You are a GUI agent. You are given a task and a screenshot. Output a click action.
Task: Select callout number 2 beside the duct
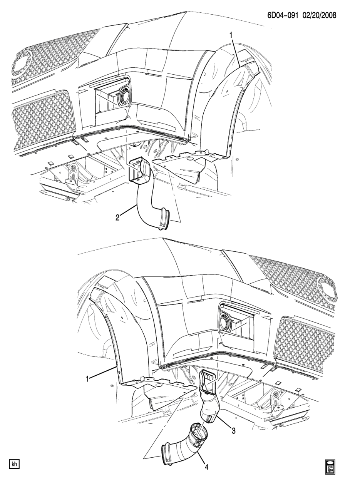pos(117,217)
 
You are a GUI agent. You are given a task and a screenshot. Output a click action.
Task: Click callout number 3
pos(233,431)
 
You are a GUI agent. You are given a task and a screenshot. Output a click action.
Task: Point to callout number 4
pos(206,467)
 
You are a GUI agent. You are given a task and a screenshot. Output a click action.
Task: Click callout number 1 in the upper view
pos(231,35)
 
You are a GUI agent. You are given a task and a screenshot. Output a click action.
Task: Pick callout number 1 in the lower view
pos(87,379)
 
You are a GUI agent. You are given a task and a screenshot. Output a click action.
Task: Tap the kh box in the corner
pos(14,464)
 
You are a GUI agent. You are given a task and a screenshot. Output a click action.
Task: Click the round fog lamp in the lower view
pos(224,321)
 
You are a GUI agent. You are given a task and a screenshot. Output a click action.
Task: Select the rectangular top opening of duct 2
pos(136,169)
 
